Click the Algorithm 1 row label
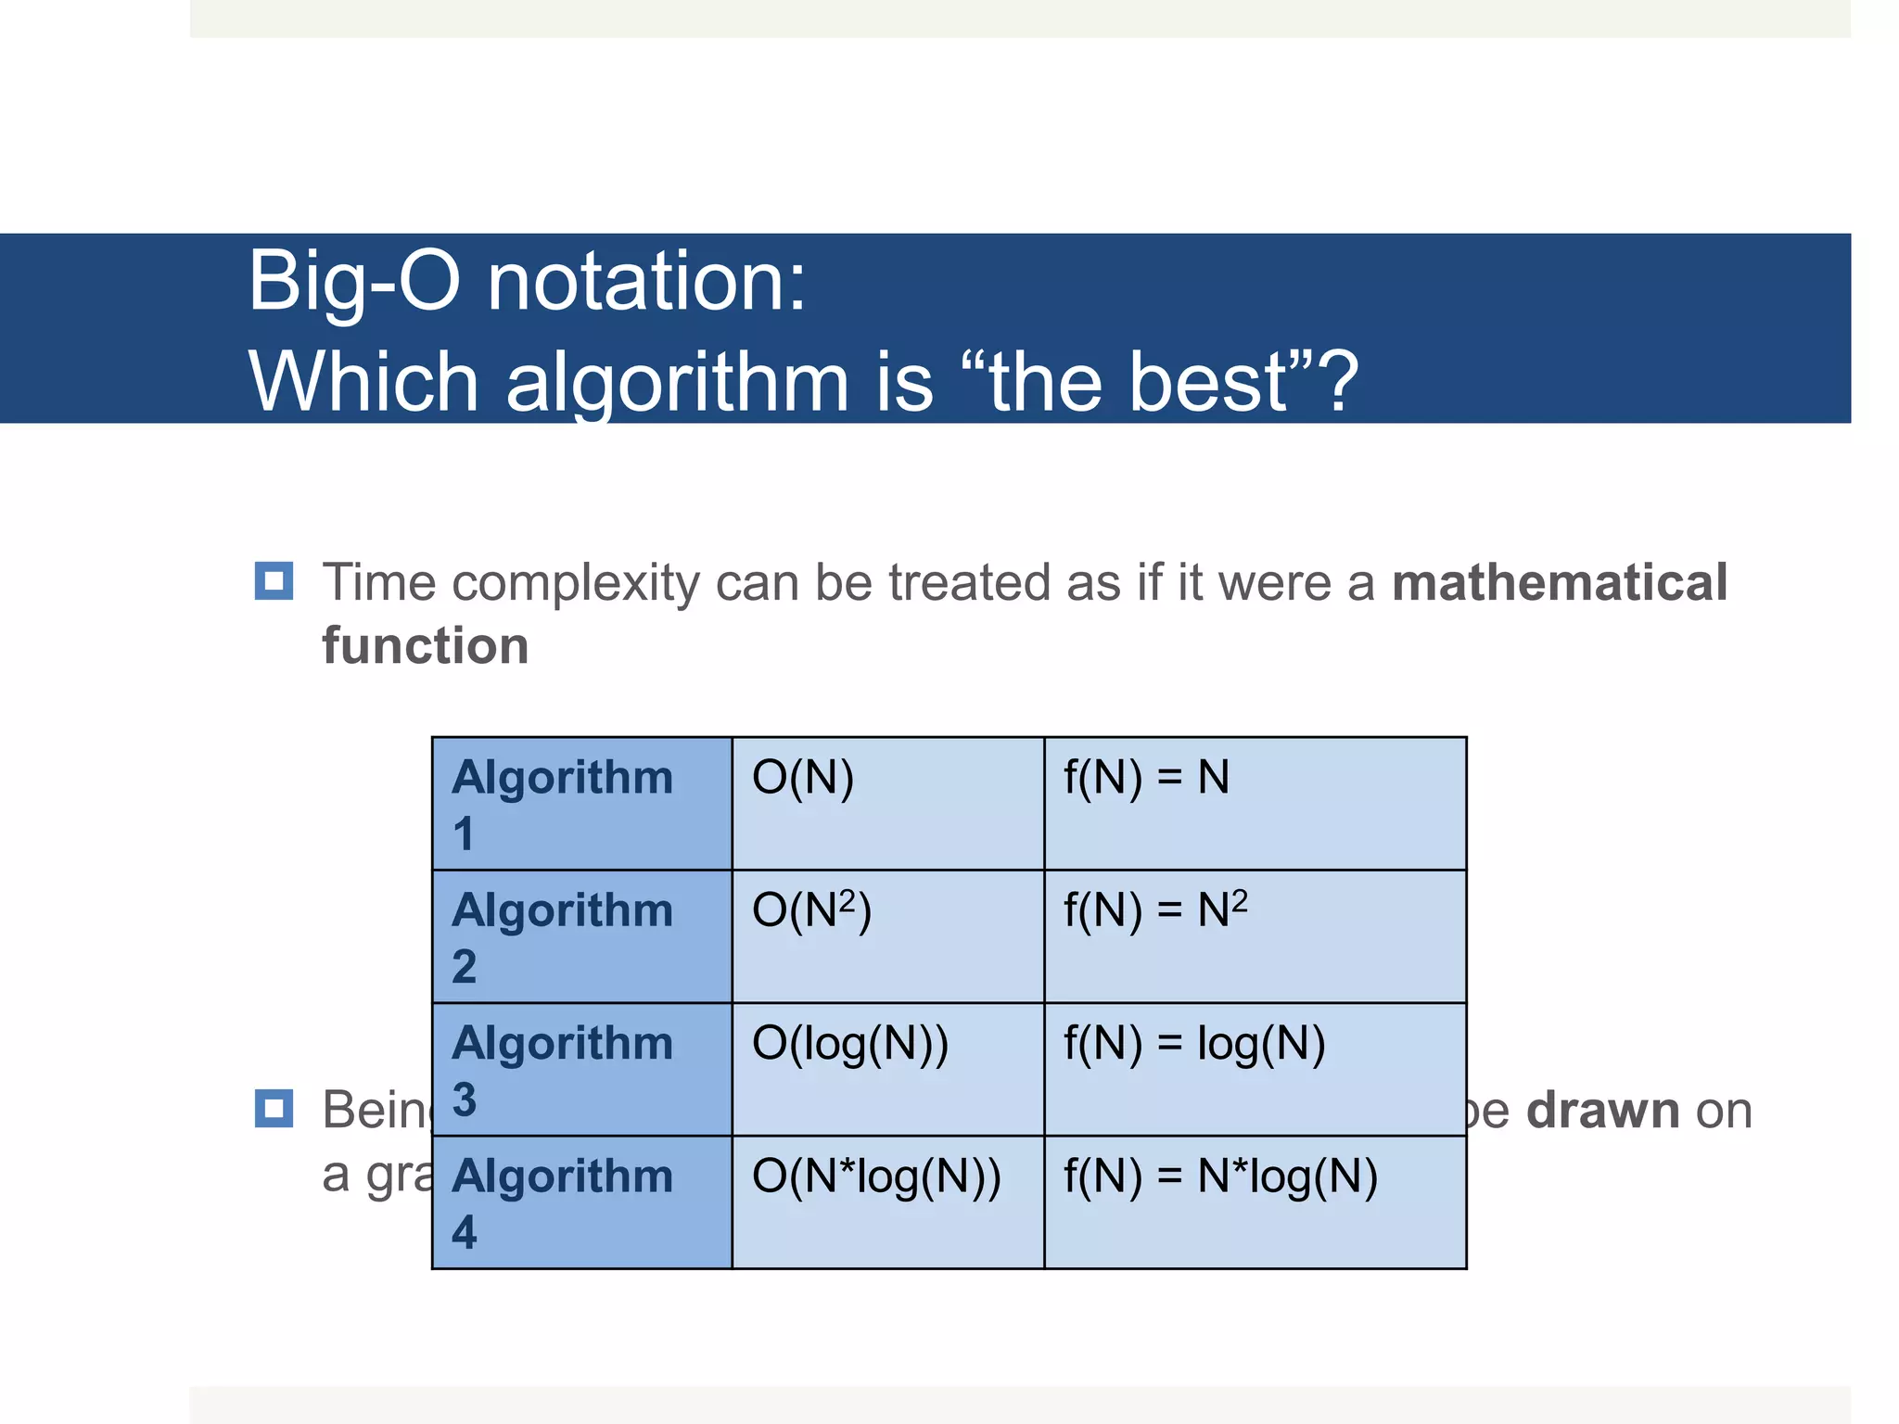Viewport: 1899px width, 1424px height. pyautogui.click(x=562, y=803)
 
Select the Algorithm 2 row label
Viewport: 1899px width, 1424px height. pyautogui.click(x=562, y=936)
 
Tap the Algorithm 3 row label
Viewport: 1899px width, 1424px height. pyautogui.click(x=562, y=1069)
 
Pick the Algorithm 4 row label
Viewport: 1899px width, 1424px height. pyautogui.click(x=562, y=1201)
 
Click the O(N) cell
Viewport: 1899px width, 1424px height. pyautogui.click(x=803, y=777)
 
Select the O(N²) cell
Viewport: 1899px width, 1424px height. pyautogui.click(x=811, y=909)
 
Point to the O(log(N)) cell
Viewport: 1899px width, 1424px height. pyautogui.click(x=850, y=1043)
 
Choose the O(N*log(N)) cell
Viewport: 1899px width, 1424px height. pyautogui.click(x=876, y=1176)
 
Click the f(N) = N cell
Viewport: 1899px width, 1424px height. pyautogui.click(x=1146, y=777)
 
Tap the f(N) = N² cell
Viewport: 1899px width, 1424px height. pyautogui.click(x=1155, y=909)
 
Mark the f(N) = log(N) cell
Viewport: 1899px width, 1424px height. pyautogui.click(x=1194, y=1043)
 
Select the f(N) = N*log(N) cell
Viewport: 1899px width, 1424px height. pyautogui.click(x=1220, y=1176)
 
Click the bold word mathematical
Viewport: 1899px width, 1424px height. pyautogui.click(x=1560, y=582)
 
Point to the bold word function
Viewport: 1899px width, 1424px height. pyautogui.click(x=426, y=645)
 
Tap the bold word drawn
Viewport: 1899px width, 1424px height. pyautogui.click(x=1602, y=1110)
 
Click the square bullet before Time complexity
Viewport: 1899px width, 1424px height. pyautogui.click(x=274, y=581)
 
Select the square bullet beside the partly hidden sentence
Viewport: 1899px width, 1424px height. pyautogui.click(x=274, y=1109)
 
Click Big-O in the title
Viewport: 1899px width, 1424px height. pyautogui.click(x=354, y=280)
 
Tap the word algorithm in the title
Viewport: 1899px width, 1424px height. pyautogui.click(x=677, y=382)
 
